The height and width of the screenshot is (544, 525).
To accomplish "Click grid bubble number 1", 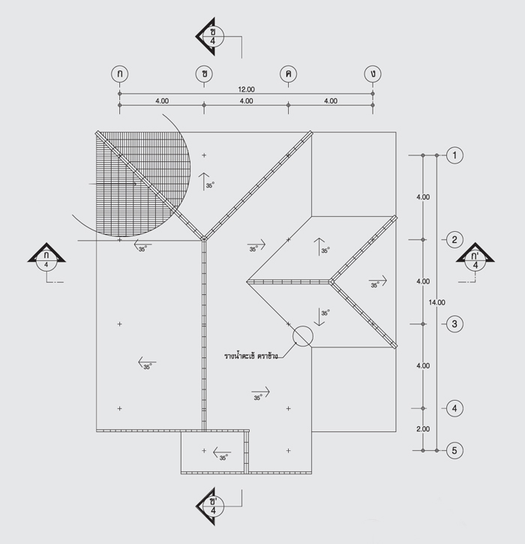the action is (454, 155).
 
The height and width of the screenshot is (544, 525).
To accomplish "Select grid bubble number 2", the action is (454, 239).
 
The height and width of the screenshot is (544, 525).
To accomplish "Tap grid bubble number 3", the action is (454, 324).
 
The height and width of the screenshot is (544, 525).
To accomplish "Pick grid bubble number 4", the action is (454, 408).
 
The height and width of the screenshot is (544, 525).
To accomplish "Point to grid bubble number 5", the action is (454, 450).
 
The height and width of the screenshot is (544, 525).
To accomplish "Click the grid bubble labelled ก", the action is (120, 74).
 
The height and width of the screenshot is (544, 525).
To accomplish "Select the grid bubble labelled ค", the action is (288, 74).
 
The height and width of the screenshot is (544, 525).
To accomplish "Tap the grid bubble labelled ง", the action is (373, 74).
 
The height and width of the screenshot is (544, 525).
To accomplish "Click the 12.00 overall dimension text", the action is (246, 89).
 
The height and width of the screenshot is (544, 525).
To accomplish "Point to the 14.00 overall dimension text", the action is (437, 302).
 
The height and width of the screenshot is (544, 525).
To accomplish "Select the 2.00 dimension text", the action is (423, 429).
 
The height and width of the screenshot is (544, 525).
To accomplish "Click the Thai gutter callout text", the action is (251, 356).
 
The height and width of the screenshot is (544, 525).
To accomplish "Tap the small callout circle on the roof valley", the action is (303, 336).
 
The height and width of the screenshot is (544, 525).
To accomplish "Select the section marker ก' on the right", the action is (475, 257).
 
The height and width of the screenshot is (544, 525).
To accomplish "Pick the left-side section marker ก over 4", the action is (46, 257).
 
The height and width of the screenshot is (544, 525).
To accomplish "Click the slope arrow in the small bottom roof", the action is (222, 452).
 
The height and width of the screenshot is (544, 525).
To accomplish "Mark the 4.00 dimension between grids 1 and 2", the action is (423, 197).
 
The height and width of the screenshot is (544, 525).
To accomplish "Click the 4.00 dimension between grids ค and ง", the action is (331, 101).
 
